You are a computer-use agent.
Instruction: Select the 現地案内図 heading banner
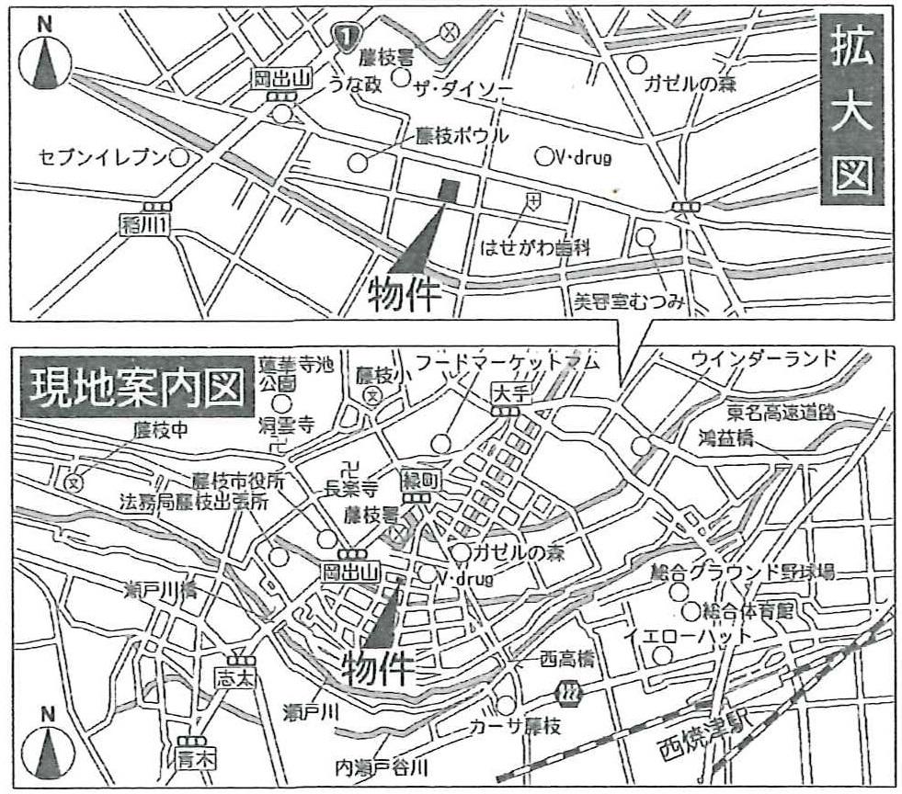point(136,390)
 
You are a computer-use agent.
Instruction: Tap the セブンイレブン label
point(102,157)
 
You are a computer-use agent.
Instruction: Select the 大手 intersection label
point(507,391)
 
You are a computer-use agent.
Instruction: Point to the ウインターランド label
point(765,358)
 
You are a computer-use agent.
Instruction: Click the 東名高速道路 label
point(782,413)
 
